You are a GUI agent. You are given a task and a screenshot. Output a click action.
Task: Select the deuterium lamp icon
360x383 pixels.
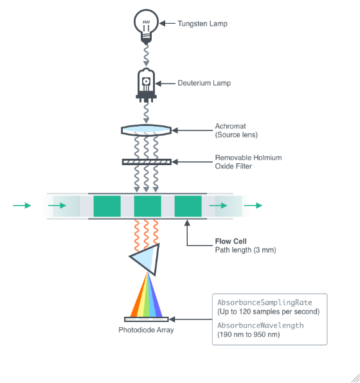146,84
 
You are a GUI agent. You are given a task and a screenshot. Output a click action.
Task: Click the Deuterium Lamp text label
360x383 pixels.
204,83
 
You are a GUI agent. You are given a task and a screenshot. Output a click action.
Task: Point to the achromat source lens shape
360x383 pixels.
146,130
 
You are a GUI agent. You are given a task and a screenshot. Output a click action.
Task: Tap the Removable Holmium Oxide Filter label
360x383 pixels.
248,162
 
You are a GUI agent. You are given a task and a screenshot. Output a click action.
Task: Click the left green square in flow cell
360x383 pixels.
107,206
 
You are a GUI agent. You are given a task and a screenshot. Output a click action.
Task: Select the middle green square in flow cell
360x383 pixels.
147,206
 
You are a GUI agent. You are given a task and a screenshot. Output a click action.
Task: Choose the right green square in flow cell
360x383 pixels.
188,206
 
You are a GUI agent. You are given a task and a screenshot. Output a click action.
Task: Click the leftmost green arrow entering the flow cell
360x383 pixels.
22,206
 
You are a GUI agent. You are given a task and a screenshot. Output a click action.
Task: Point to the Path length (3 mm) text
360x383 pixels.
245,250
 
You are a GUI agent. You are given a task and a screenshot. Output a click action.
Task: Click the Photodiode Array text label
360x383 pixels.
146,330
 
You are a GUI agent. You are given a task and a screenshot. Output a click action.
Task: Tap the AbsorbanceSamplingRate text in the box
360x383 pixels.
260,302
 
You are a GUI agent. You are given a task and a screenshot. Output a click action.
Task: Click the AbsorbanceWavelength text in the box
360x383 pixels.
260,325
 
